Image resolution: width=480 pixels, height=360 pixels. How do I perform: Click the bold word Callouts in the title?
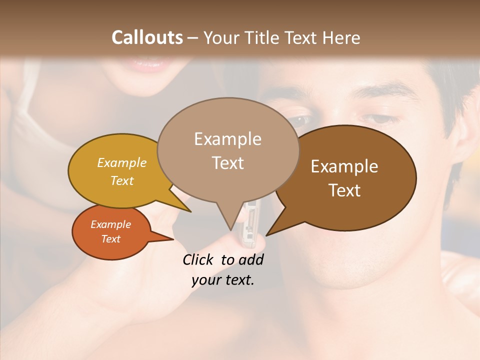[147, 37]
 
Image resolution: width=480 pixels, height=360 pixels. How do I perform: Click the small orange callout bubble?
[111, 232]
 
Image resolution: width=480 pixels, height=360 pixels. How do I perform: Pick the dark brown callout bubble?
[350, 177]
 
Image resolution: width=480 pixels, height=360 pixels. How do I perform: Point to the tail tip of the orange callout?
[172, 239]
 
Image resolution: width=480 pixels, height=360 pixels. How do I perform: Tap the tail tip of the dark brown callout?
[267, 234]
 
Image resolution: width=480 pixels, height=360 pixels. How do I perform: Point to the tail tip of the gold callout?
[190, 211]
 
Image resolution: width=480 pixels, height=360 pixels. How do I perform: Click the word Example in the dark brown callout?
[344, 166]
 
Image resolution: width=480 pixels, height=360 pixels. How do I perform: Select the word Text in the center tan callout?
[227, 163]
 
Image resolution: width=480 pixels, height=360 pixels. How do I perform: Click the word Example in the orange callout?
[110, 224]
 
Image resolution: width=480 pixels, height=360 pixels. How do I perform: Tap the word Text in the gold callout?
[122, 180]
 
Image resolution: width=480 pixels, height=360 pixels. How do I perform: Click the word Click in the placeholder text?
[198, 259]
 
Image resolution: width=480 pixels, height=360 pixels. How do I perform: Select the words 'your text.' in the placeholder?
[223, 280]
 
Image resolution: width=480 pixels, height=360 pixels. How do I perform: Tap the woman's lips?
[150, 64]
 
